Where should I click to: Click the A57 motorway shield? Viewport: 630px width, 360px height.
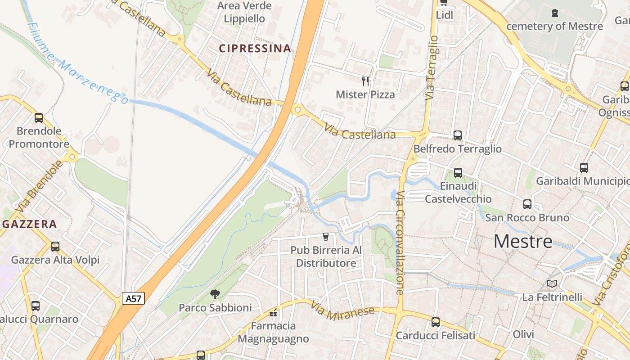tap(133, 298)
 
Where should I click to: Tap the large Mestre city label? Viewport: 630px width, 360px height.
tap(523, 242)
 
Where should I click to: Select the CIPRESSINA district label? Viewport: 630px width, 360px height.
tap(255, 49)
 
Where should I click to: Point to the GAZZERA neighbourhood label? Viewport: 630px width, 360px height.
tap(29, 224)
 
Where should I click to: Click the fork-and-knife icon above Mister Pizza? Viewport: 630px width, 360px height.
tap(365, 81)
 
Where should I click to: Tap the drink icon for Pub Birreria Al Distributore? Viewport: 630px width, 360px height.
tap(326, 236)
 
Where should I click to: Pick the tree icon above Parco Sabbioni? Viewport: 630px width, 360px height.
tap(215, 294)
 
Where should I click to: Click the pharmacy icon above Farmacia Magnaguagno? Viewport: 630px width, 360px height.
tap(273, 313)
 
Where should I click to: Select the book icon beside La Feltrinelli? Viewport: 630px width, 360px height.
tap(552, 283)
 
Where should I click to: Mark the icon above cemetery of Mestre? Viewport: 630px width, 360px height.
tap(554, 13)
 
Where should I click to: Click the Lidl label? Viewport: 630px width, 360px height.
tap(445, 15)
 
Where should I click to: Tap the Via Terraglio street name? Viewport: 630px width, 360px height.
tap(432, 67)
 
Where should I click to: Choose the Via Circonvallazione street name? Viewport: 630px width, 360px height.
tap(400, 243)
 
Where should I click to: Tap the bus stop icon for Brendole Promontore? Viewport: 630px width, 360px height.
tap(39, 118)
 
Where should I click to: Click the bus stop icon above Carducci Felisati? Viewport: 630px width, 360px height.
tap(435, 322)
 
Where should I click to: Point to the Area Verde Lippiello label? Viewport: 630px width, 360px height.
tap(244, 12)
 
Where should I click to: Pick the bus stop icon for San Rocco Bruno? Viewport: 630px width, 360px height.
tap(527, 204)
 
